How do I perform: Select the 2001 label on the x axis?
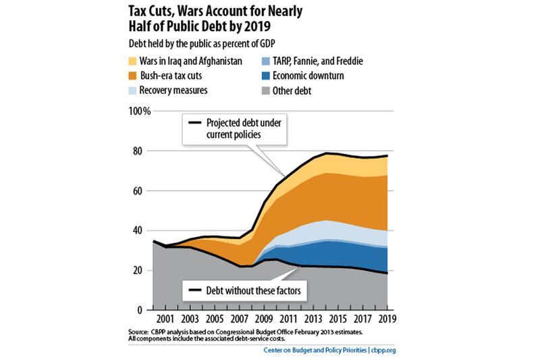166,318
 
